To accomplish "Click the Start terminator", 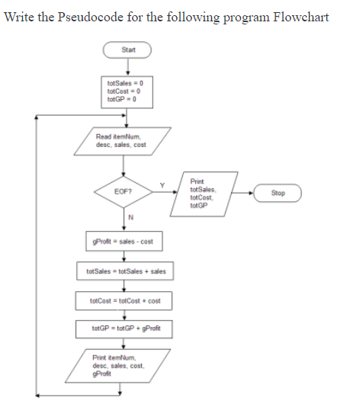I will pyautogui.click(x=128, y=50).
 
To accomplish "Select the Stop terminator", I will pyautogui.click(x=278, y=193).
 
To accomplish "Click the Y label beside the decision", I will pyautogui.click(x=161, y=184).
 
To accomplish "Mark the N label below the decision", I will pyautogui.click(x=130, y=219).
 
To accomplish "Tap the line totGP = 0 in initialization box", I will pyautogui.click(x=121, y=99).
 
